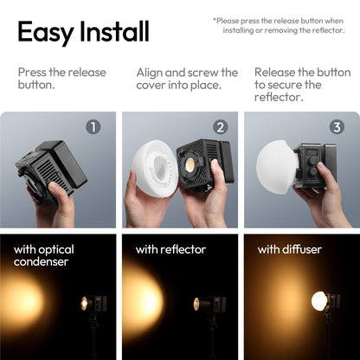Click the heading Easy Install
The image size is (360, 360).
tap(83, 32)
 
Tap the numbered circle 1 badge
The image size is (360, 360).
tap(93, 127)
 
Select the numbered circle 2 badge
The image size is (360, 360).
tap(220, 127)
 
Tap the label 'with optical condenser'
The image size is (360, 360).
tap(43, 256)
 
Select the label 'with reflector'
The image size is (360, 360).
tap(170, 249)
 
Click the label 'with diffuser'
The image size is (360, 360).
tap(291, 249)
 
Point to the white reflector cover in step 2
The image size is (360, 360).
tap(154, 170)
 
